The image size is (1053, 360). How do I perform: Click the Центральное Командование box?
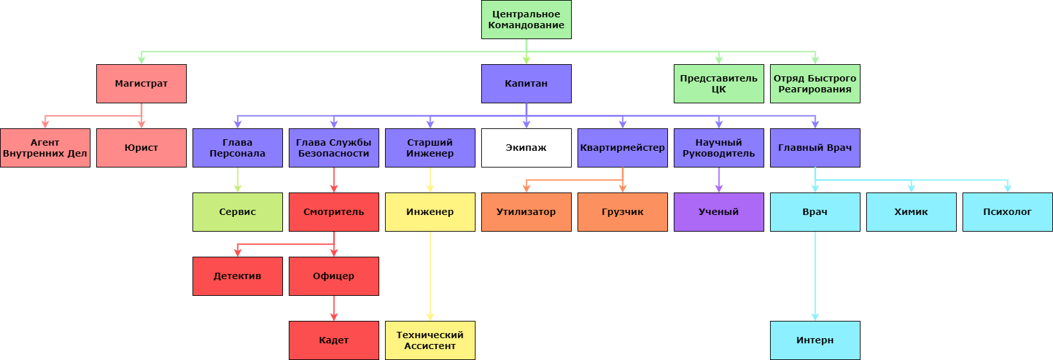point(526,19)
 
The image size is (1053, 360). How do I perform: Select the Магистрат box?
point(141,83)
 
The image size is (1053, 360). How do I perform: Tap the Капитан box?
point(526,83)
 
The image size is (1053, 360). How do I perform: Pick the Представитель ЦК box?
point(719,83)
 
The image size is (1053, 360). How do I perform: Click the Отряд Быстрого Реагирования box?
point(815,83)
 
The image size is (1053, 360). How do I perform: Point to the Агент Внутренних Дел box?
point(45,148)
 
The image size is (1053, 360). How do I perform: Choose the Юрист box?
point(141,148)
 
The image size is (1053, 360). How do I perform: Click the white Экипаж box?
point(526,148)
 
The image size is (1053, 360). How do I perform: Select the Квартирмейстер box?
point(622,148)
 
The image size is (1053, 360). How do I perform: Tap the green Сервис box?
point(237,212)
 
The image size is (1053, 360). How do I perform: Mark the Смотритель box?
point(334,212)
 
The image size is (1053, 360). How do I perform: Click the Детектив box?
point(237,276)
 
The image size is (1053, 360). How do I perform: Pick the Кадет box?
point(334,340)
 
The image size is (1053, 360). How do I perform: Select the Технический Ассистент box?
point(430,340)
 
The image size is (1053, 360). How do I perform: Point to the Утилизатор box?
point(526,212)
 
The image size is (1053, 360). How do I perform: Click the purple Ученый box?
point(719,212)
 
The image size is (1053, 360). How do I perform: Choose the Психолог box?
point(1007,212)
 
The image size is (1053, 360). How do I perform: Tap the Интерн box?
point(815,340)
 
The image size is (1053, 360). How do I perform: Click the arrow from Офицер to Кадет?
point(334,308)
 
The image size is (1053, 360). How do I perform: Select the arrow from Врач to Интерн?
point(815,276)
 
